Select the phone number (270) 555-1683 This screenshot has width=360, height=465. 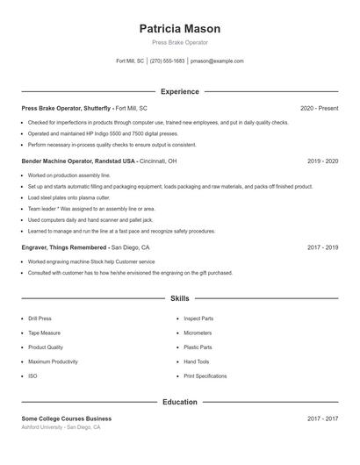[167, 61]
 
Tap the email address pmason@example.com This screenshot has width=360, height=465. [217, 61]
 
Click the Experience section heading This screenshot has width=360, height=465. [179, 91]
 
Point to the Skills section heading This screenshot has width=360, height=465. [179, 299]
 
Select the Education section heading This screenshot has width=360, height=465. [179, 402]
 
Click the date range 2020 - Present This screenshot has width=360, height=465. [319, 108]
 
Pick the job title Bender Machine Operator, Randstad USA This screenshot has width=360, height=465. [79, 161]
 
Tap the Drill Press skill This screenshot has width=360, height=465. [40, 318]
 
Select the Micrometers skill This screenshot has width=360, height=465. [198, 333]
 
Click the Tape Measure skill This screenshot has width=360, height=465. [45, 333]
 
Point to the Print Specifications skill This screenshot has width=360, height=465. [205, 376]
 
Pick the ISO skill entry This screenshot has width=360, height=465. [32, 376]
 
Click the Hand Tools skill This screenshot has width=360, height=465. [197, 361]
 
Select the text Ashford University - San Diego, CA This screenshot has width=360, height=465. [61, 427]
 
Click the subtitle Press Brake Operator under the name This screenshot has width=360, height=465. [179, 42]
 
